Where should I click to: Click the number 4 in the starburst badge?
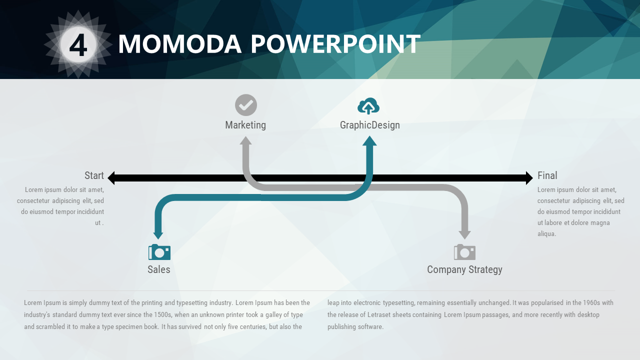click(78, 45)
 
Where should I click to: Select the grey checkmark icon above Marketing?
click(246, 105)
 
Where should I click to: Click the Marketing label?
click(245, 125)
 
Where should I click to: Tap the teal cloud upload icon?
click(368, 106)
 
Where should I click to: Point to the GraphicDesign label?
click(369, 125)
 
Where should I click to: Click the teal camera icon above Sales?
click(159, 252)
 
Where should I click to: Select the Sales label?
click(159, 269)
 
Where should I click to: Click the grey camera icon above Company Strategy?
click(464, 252)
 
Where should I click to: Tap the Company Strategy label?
click(464, 269)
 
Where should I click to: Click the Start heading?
click(94, 175)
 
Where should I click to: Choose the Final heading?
click(547, 175)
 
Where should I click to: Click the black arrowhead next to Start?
click(111, 178)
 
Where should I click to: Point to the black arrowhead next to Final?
click(529, 178)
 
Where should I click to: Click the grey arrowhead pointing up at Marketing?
click(245, 140)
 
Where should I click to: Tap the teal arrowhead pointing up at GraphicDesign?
click(369, 141)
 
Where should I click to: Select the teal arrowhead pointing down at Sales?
click(158, 235)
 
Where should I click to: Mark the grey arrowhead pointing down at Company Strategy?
click(465, 235)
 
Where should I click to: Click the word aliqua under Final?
click(547, 233)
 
